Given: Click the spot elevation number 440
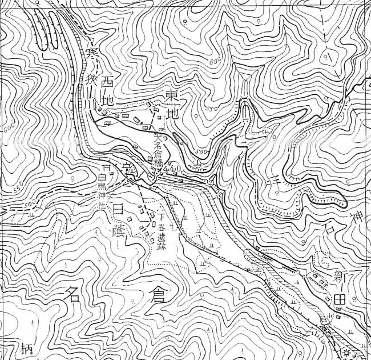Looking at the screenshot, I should pyautogui.click(x=172, y=169).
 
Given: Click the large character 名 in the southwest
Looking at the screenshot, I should pyautogui.click(x=72, y=295).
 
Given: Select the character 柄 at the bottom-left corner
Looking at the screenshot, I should pyautogui.click(x=10, y=348).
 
